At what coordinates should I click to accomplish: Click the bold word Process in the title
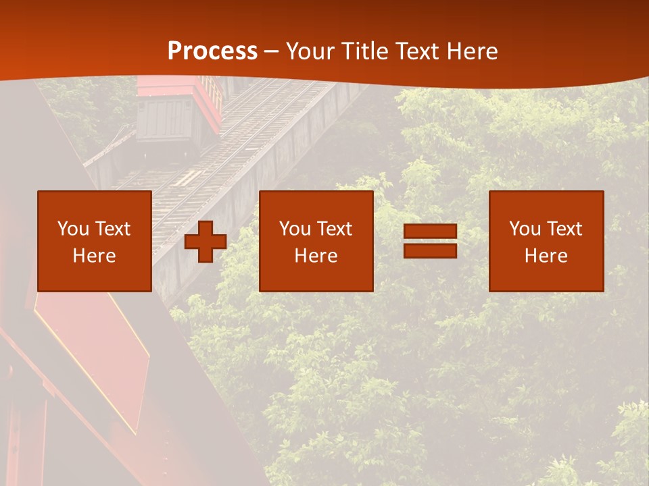coord(212,51)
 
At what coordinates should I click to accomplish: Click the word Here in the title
coord(471,51)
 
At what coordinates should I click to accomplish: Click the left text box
coord(95,241)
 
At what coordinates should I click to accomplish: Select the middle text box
coord(316,241)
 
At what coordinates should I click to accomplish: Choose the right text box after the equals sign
coord(546,241)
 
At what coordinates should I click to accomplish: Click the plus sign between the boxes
coord(206,242)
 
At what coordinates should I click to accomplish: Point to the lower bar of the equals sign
coord(430,250)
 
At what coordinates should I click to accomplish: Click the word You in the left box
coord(72,229)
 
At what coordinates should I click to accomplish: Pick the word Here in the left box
coord(95,256)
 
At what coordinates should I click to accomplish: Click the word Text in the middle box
coord(335,229)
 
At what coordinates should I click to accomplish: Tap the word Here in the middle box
coord(316,256)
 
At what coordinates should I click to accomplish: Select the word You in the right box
coord(525,229)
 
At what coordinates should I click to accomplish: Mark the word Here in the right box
coord(546,256)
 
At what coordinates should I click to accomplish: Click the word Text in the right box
coord(564,229)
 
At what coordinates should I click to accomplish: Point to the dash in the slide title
coord(272,52)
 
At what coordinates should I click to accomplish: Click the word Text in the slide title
coord(417,51)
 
